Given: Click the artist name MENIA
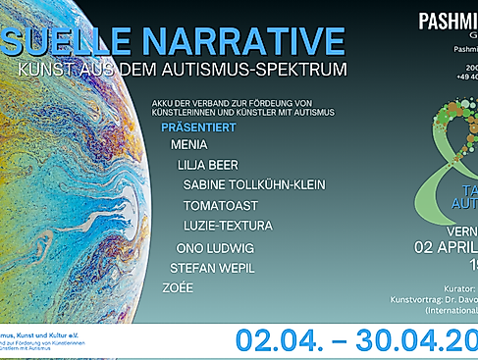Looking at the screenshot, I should click(188, 145).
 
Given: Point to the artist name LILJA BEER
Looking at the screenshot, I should click(208, 165).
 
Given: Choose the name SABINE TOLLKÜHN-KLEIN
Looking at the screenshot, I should click(254, 184).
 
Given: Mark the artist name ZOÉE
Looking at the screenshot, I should click(178, 287).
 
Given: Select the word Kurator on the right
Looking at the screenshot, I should click(455, 289).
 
